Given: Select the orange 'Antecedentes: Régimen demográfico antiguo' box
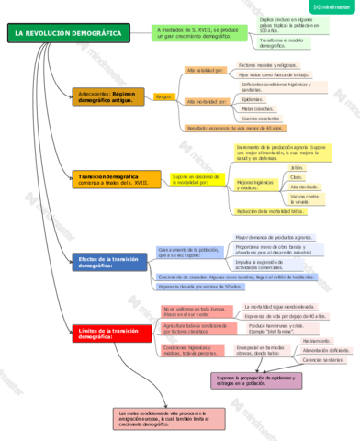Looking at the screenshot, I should pyautogui.click(x=107, y=96).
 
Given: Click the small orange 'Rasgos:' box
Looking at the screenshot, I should pyautogui.click(x=164, y=96).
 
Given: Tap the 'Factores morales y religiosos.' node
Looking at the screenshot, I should pyautogui.click(x=267, y=66).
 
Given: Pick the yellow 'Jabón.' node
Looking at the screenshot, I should pyautogui.click(x=297, y=168).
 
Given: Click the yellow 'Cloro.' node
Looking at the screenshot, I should pyautogui.click(x=296, y=177).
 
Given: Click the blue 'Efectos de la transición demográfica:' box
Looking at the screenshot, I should pyautogui.click(x=107, y=262).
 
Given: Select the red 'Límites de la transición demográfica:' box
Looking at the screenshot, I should pyautogui.click(x=107, y=332).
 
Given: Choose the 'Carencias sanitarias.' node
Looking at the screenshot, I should pyautogui.click(x=325, y=360).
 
